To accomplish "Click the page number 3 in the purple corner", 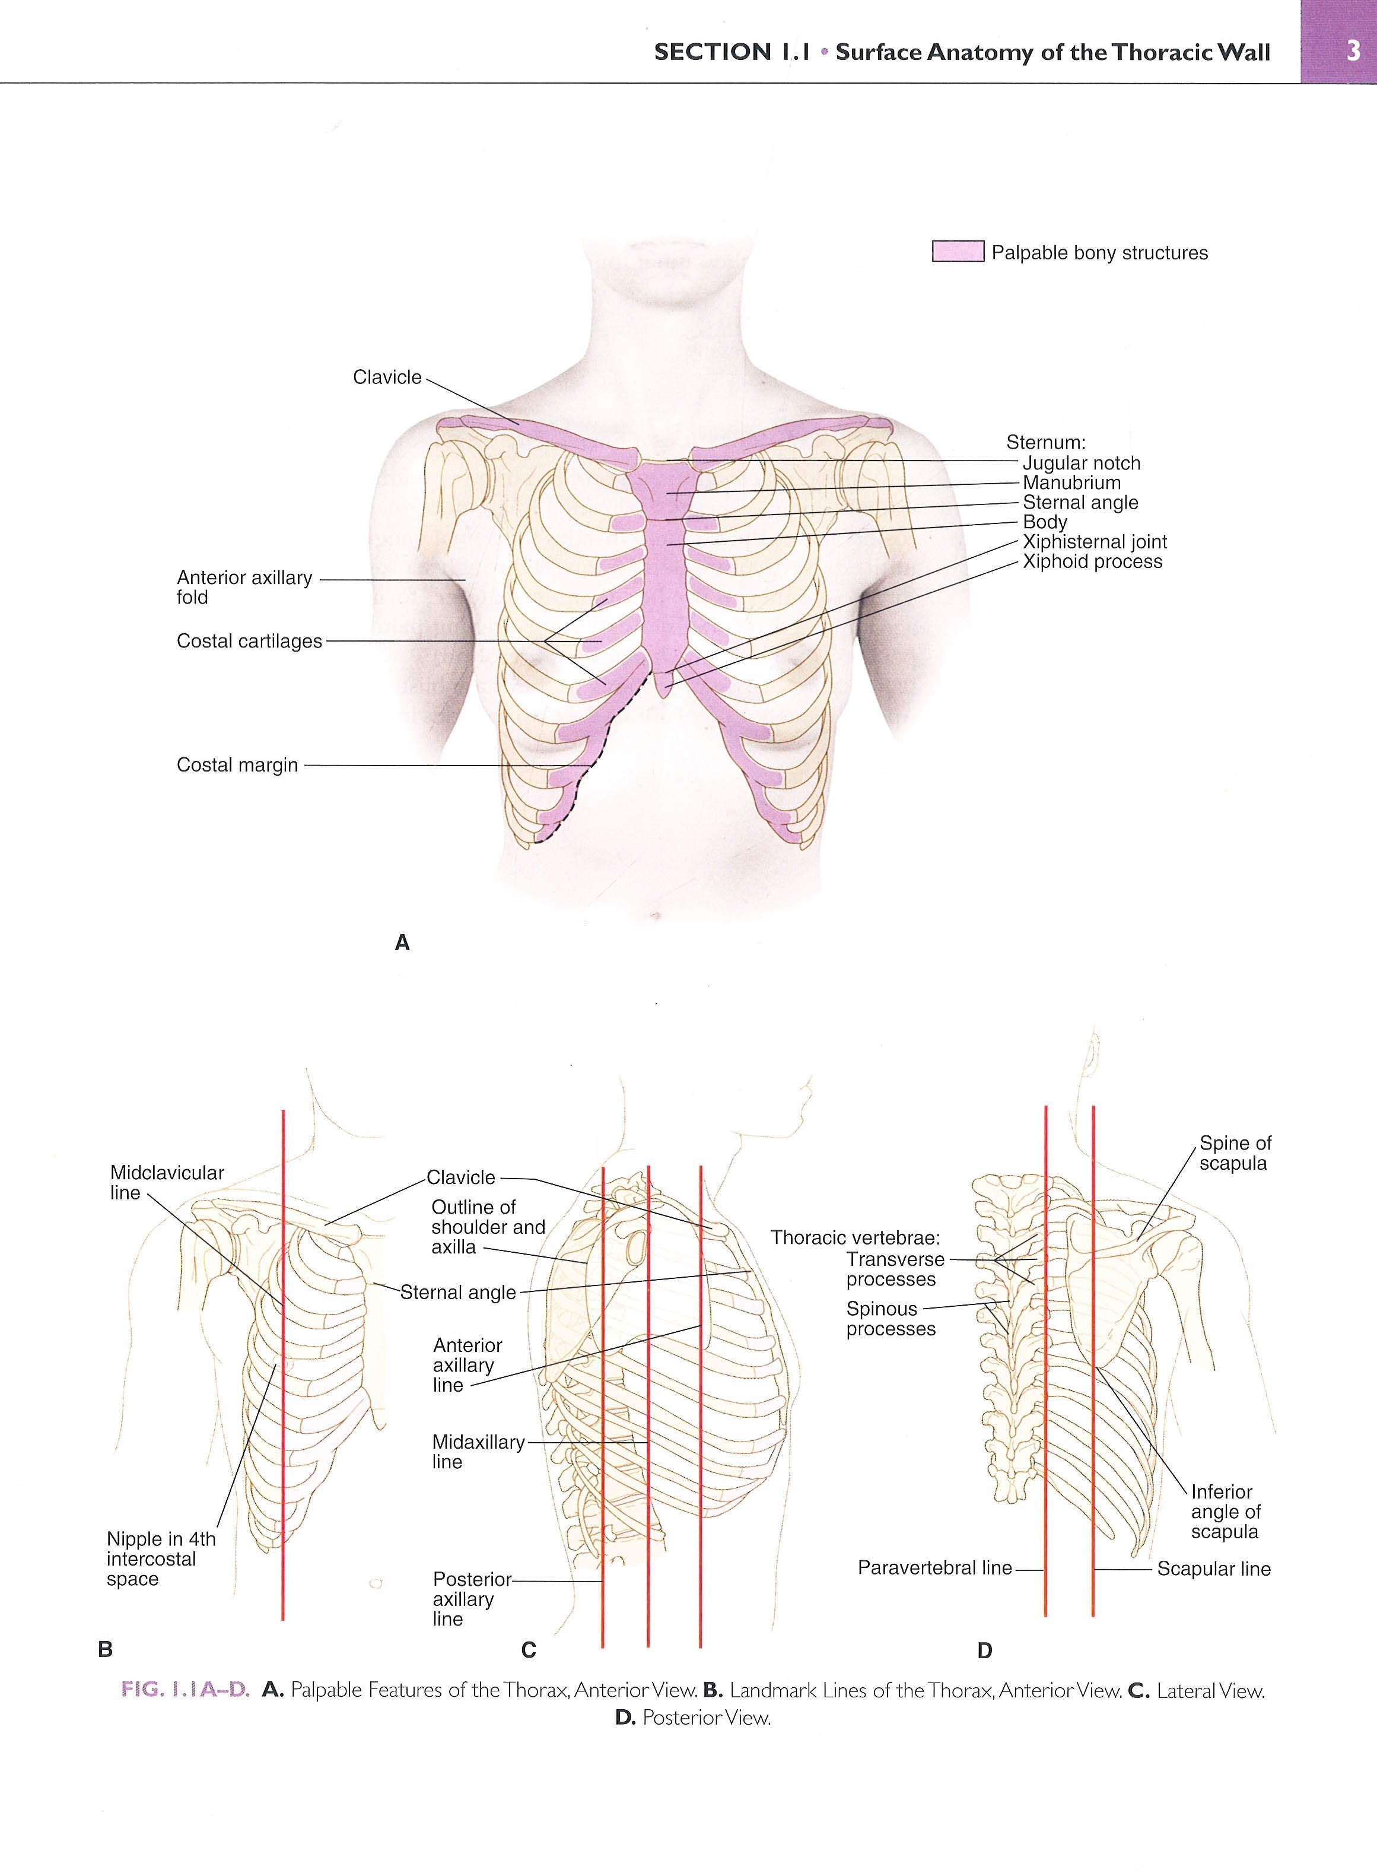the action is (1352, 52).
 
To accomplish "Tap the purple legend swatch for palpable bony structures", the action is (958, 252).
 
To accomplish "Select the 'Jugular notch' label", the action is (1081, 463).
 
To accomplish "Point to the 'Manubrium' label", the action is (1072, 482).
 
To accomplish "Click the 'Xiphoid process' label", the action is (1092, 562).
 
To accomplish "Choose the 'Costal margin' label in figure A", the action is (237, 765).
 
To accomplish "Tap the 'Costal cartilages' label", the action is (249, 641).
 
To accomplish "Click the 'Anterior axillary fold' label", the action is (244, 587).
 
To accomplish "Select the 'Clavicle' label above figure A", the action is (387, 377).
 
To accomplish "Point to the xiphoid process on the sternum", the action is (663, 684).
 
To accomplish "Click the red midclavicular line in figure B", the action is (284, 1364).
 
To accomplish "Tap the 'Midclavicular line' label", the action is (167, 1183).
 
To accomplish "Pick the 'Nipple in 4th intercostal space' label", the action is (161, 1558).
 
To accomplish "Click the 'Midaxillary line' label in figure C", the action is (478, 1451).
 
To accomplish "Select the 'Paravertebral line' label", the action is (934, 1568).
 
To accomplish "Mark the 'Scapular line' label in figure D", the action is (1214, 1569).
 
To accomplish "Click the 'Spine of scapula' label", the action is (1235, 1153).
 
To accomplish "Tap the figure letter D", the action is (984, 1650).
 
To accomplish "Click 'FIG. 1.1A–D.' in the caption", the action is (186, 1690).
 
